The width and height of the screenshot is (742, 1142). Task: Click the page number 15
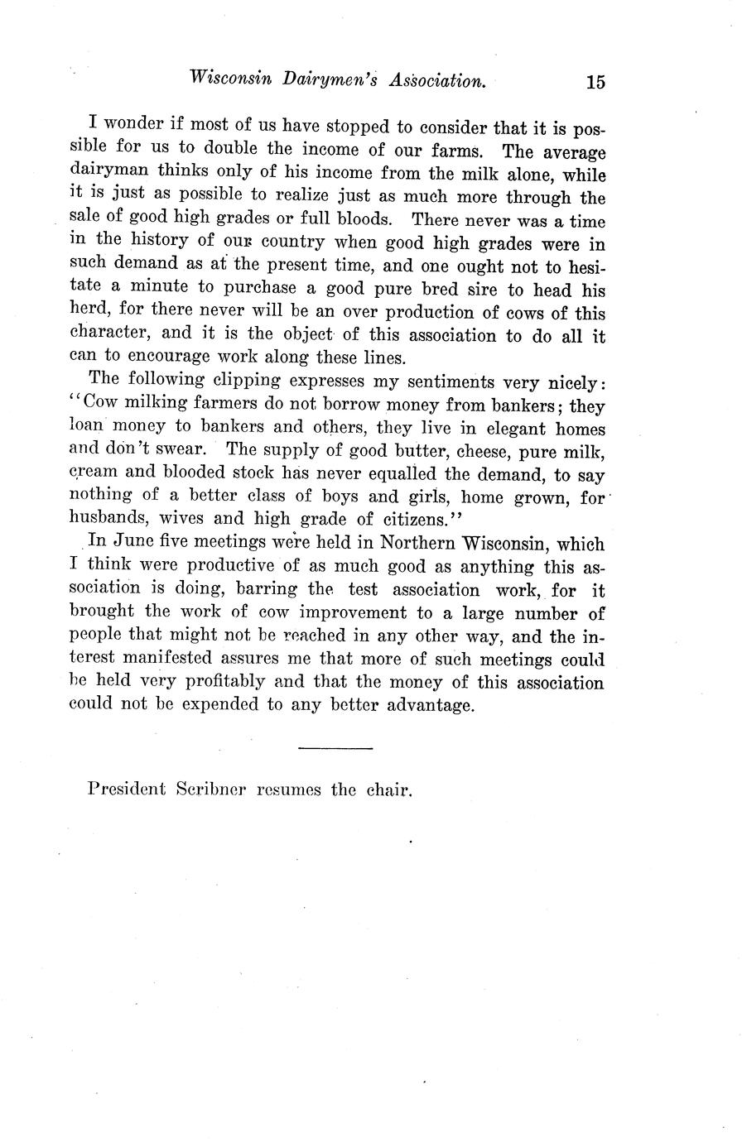click(x=595, y=82)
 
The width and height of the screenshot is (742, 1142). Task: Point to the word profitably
click(x=226, y=684)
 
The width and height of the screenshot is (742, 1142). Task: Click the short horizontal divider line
click(x=335, y=749)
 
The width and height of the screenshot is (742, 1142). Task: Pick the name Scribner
click(x=212, y=789)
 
